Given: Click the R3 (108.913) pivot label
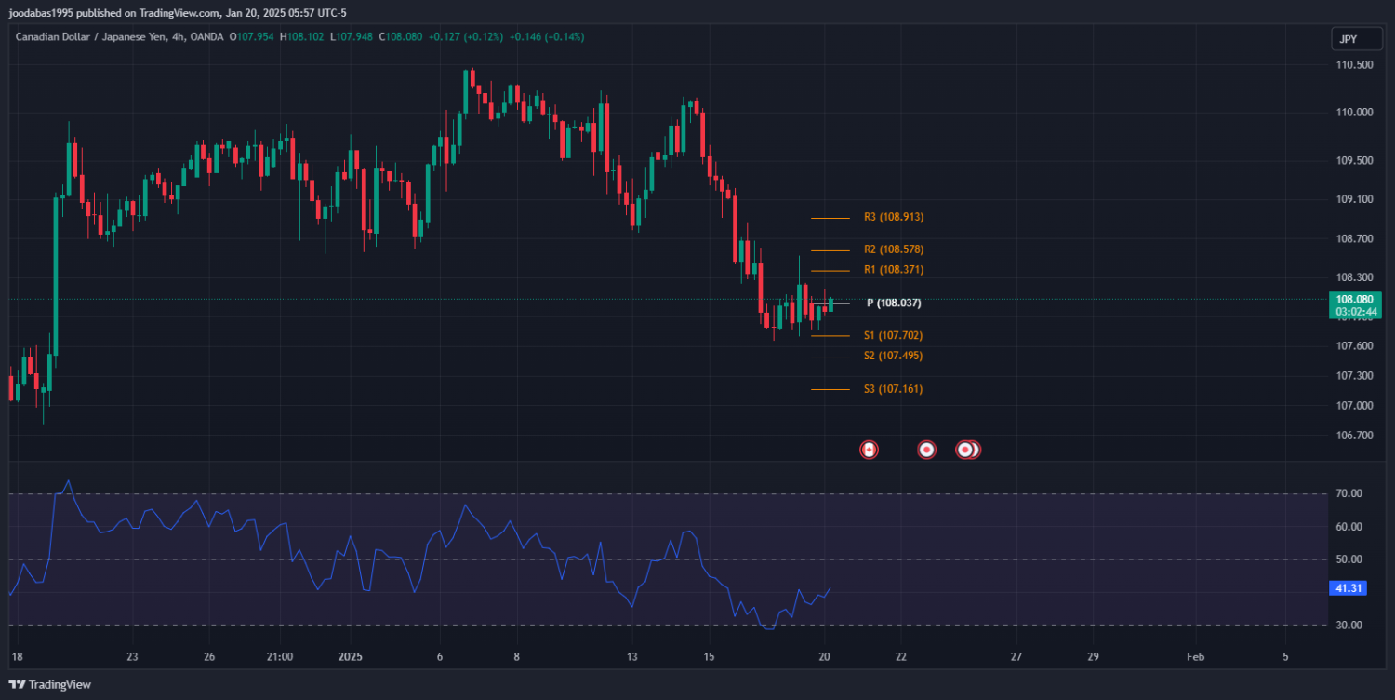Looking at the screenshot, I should point(893,217).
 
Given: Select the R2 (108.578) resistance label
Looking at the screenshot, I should point(893,249).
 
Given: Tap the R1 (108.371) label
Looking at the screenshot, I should point(893,270).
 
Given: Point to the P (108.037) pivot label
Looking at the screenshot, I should point(894,303).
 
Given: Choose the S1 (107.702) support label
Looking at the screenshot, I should point(893,335).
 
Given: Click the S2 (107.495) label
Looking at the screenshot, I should point(893,356).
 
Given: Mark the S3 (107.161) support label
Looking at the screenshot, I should point(893,389).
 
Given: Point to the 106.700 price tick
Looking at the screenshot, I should point(1354,436).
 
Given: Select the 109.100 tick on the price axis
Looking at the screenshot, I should point(1354,199).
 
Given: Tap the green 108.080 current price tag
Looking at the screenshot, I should point(1354,299).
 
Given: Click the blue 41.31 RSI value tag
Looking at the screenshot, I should point(1348,588).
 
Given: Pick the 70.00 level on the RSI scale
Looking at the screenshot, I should point(1348,493).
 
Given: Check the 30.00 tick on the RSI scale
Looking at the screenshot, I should point(1348,625).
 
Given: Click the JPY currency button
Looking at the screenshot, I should point(1348,39).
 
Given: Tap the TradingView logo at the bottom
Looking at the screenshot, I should point(50,684).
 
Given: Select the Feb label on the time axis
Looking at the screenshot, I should point(1195,656).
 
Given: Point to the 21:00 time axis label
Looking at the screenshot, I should point(279,656).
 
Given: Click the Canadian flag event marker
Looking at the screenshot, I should point(869,450).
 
